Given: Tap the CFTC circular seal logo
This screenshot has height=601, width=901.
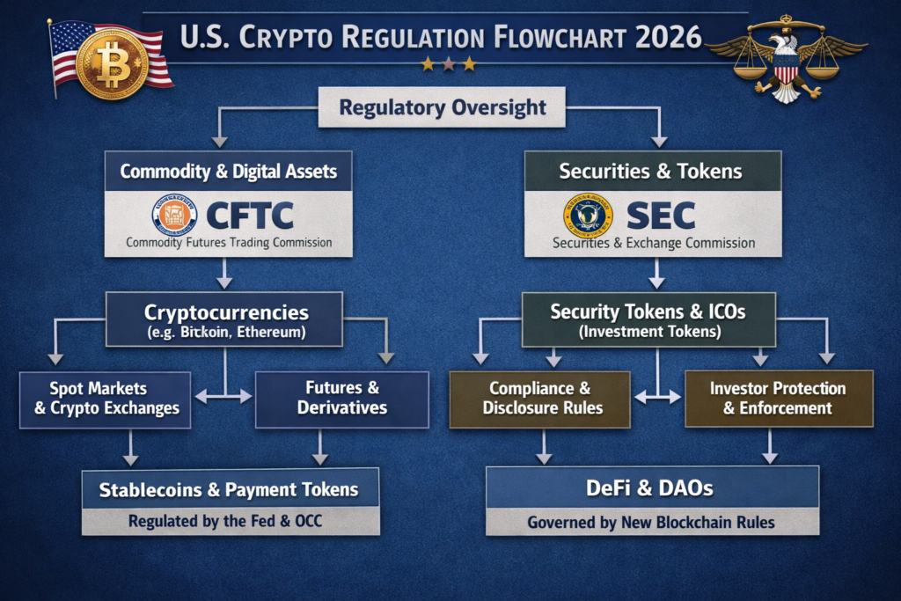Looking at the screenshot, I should (174, 216).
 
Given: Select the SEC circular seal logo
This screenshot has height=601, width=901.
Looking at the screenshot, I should (588, 216).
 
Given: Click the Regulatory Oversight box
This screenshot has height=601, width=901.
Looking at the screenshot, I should (442, 108).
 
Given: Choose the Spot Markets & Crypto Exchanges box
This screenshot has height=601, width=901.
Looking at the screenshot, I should (105, 399).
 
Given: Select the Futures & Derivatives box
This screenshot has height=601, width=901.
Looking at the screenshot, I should (341, 399).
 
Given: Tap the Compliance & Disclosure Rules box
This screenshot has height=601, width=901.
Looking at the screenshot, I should (539, 399).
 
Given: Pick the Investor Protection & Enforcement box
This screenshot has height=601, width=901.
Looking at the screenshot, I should (778, 399).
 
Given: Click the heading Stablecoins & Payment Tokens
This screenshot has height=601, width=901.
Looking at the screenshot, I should (230, 489).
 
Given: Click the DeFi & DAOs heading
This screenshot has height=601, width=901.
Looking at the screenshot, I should (651, 487).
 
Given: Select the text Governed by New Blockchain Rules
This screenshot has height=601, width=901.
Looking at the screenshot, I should (651, 523).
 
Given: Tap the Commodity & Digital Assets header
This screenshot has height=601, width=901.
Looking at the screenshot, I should (228, 171).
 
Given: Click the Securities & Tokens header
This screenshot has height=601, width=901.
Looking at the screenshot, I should (652, 171).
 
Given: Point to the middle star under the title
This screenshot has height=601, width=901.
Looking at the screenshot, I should (449, 64).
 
